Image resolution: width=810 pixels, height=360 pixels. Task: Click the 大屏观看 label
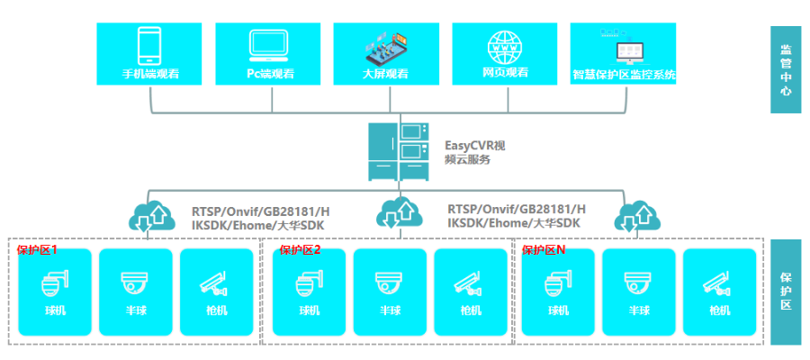(386, 74)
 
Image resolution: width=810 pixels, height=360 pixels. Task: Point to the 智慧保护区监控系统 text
(624, 75)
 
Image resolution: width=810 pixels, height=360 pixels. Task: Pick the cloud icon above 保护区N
(637, 216)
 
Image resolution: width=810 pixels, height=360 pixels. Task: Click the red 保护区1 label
(37, 250)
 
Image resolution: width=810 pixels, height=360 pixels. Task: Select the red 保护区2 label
(300, 250)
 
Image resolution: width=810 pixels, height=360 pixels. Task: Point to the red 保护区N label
(544, 250)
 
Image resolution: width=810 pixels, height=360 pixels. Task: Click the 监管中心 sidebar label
(786, 70)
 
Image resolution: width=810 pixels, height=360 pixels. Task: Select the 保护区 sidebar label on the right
(786, 292)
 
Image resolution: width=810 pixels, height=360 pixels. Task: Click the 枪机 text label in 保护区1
(217, 310)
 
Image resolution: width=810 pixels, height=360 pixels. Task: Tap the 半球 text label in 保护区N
(638, 310)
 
